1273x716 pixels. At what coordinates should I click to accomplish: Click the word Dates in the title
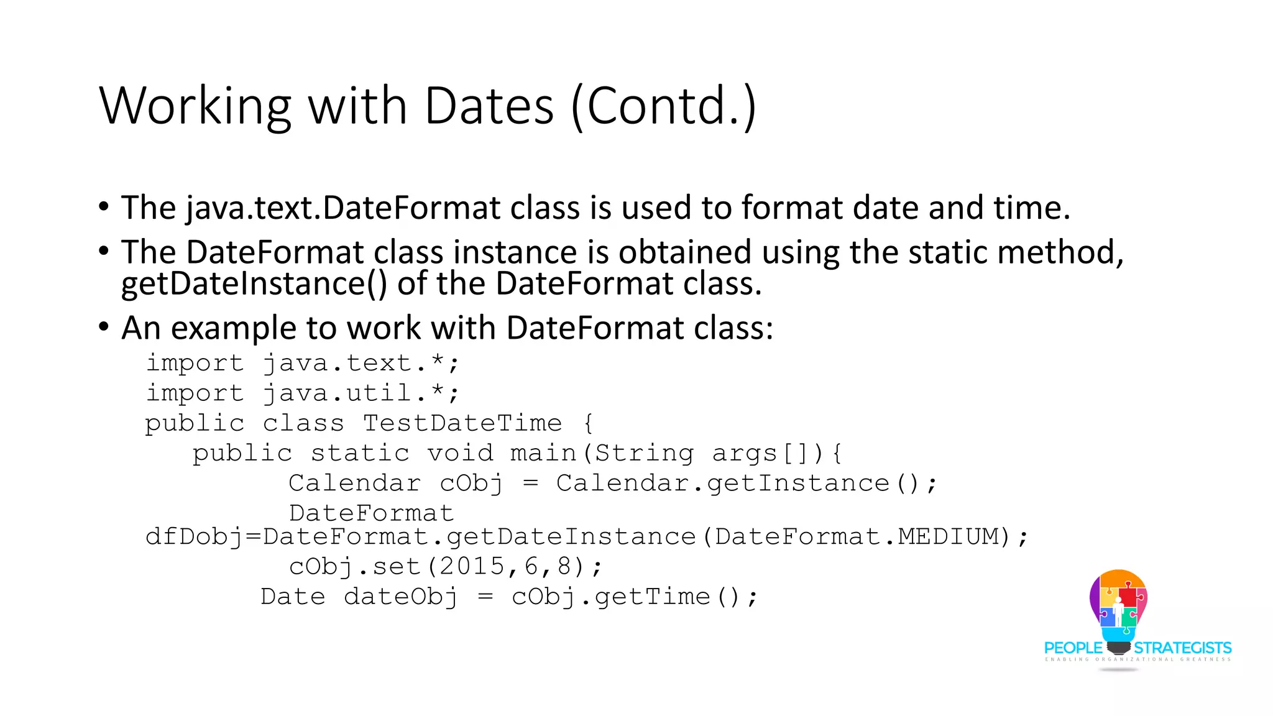pyautogui.click(x=489, y=106)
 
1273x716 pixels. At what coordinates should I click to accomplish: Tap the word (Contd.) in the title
pyautogui.click(x=663, y=106)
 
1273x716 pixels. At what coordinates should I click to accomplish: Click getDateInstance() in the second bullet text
pyautogui.click(x=254, y=283)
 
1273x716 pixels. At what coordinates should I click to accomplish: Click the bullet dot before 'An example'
pyautogui.click(x=104, y=327)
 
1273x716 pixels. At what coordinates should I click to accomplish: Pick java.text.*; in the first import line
pyautogui.click(x=361, y=363)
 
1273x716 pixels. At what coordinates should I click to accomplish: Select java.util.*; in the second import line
pyautogui.click(x=361, y=393)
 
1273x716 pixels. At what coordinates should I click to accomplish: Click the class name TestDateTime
pyautogui.click(x=462, y=423)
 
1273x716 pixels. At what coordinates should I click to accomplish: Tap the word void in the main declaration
pyautogui.click(x=460, y=453)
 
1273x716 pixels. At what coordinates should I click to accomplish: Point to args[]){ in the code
pyautogui.click(x=777, y=453)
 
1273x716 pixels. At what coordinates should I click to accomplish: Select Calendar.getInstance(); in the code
pyautogui.click(x=746, y=484)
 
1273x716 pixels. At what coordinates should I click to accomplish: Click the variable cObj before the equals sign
pyautogui.click(x=471, y=484)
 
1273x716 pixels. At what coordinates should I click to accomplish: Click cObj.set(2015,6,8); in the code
pyautogui.click(x=446, y=567)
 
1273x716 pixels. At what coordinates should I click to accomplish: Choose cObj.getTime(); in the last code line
pyautogui.click(x=635, y=597)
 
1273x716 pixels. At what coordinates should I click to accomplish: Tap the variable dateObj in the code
pyautogui.click(x=401, y=597)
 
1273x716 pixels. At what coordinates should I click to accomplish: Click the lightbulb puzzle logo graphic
pyautogui.click(x=1118, y=606)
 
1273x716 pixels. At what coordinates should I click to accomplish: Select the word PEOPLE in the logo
pyautogui.click(x=1073, y=648)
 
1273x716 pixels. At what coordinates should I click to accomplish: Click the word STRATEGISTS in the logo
pyautogui.click(x=1182, y=648)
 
